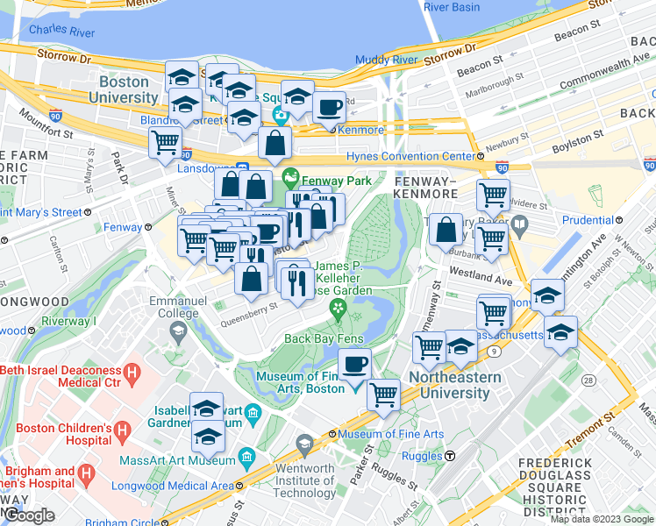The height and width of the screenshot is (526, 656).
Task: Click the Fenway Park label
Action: point(330,181)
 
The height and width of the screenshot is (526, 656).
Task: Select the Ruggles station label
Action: point(425,456)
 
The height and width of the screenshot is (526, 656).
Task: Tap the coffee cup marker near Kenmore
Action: point(329,109)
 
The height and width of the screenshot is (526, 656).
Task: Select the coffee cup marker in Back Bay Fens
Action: point(354,364)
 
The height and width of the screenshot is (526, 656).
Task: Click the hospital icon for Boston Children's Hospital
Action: point(122,430)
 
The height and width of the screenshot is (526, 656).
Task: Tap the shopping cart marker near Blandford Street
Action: point(165,142)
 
